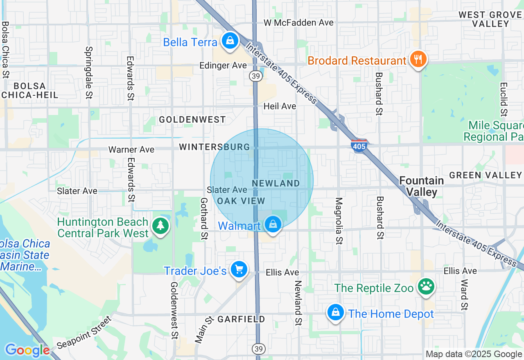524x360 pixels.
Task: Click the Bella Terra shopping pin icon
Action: pos(230,40)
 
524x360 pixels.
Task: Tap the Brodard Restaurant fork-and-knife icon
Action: pos(418,60)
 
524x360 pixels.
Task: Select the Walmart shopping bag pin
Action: pos(273,224)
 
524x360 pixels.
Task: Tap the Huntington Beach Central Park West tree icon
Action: pos(160,225)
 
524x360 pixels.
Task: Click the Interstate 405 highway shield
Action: pos(359,146)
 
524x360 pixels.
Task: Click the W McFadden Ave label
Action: pos(298,22)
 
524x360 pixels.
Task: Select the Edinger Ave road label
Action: pos(223,65)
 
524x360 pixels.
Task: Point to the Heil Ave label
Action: pos(280,106)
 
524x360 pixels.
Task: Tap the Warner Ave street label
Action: pos(131,149)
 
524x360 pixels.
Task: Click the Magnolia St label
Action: pos(339,221)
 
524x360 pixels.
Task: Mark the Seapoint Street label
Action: pos(84,332)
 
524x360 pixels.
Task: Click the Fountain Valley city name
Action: pos(421,186)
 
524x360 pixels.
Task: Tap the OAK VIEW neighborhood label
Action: pos(241,201)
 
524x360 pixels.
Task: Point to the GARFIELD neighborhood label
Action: pos(241,319)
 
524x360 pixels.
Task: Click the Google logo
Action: pos(27,350)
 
